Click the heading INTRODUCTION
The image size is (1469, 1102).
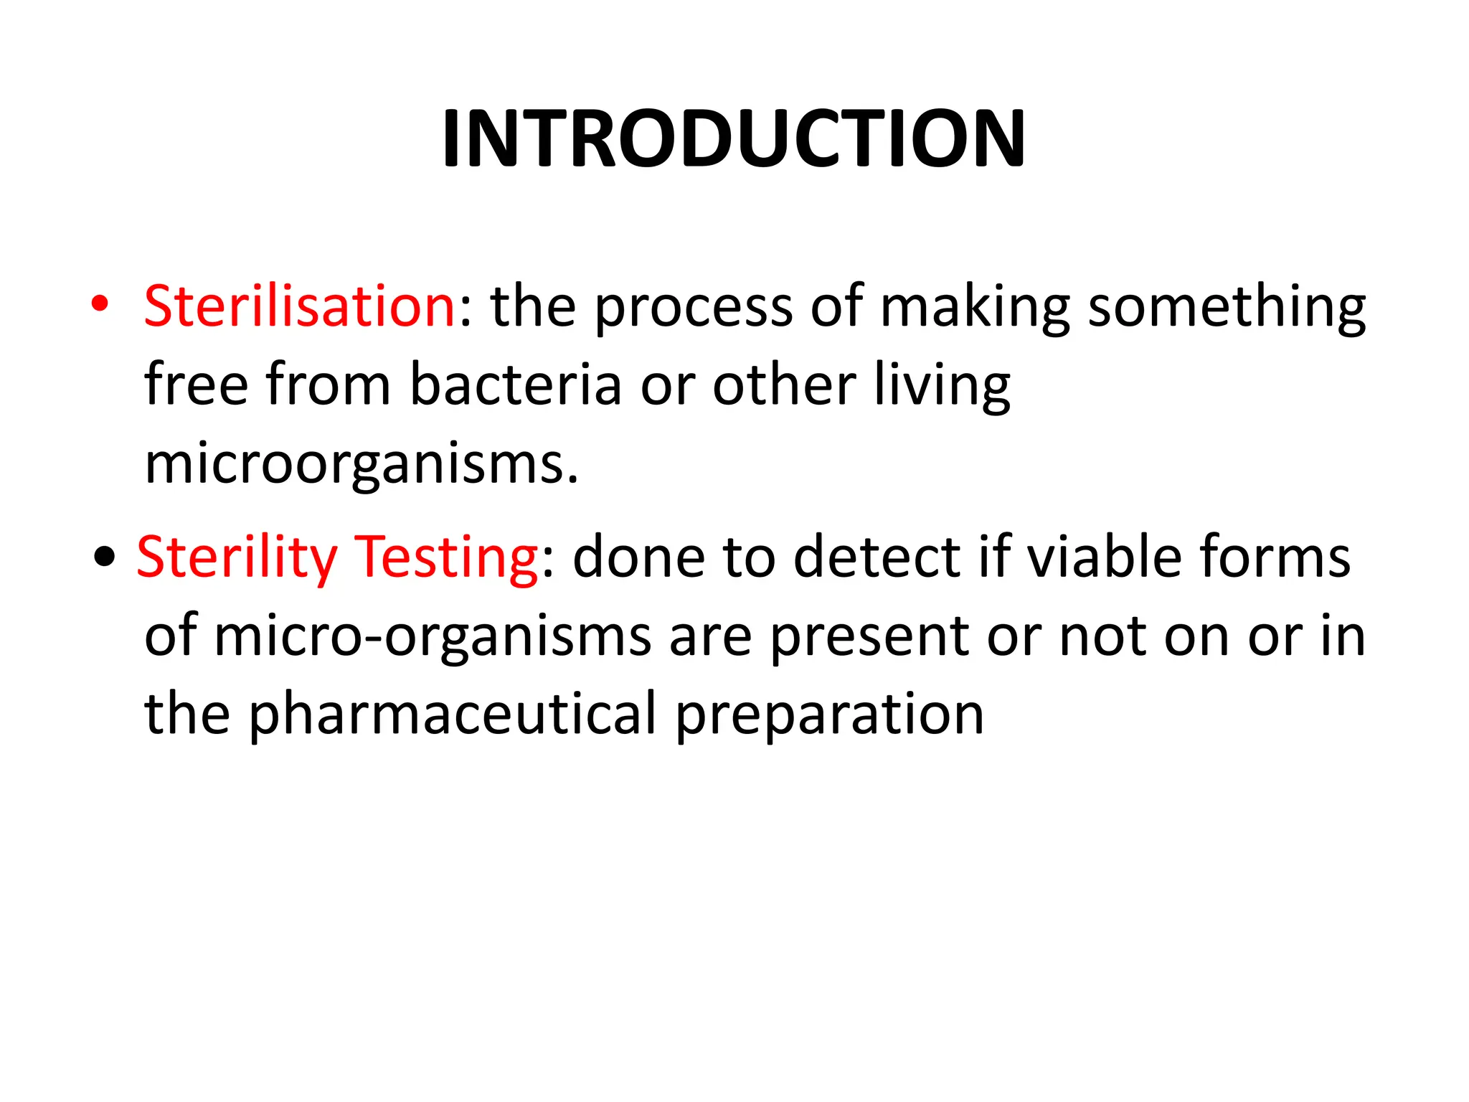point(734,138)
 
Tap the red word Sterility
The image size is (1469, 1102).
point(237,558)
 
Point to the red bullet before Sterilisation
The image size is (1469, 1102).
point(100,305)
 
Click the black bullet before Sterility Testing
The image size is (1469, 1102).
point(105,557)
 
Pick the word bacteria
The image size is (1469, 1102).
point(515,385)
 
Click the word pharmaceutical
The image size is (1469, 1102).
point(452,716)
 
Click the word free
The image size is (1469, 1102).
point(196,385)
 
